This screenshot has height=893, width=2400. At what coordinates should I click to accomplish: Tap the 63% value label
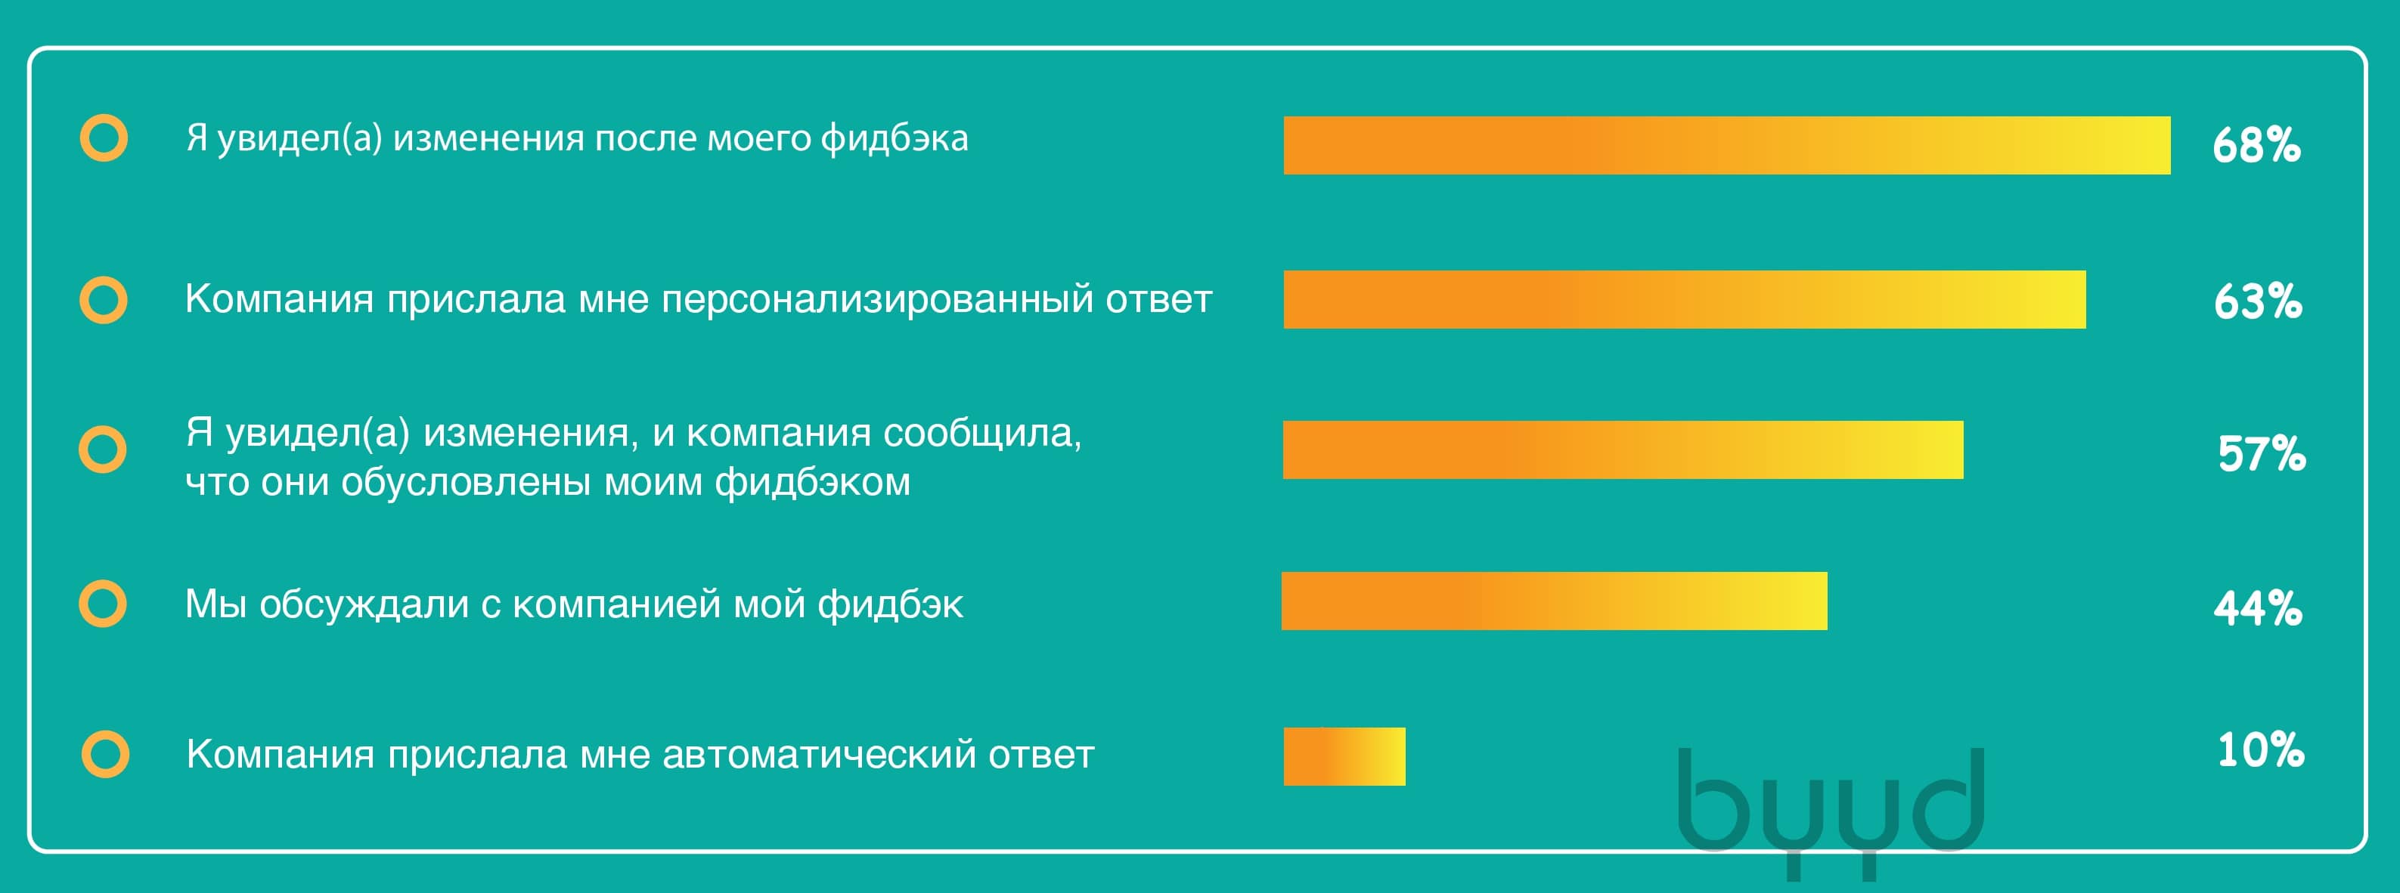click(x=2257, y=301)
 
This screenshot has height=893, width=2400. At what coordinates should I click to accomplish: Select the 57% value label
click(x=2261, y=454)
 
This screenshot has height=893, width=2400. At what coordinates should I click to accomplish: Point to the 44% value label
click(x=2257, y=608)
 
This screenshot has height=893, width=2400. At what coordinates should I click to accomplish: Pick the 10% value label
click(x=2260, y=750)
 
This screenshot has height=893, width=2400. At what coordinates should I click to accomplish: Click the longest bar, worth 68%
click(x=1726, y=145)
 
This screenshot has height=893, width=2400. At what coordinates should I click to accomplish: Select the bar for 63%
click(x=1685, y=300)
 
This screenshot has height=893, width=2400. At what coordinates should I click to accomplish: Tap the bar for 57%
click(x=1623, y=450)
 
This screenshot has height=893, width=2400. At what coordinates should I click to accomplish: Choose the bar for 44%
click(x=1554, y=601)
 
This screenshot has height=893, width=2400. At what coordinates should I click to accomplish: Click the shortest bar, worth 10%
click(x=1344, y=756)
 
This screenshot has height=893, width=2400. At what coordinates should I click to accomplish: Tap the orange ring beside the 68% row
click(x=104, y=138)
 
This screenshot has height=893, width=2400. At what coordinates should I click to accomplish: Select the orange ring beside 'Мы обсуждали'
click(x=103, y=604)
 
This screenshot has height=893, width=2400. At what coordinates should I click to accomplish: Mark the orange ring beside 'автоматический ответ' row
click(x=105, y=753)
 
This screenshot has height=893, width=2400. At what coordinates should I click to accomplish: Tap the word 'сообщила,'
click(x=982, y=434)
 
